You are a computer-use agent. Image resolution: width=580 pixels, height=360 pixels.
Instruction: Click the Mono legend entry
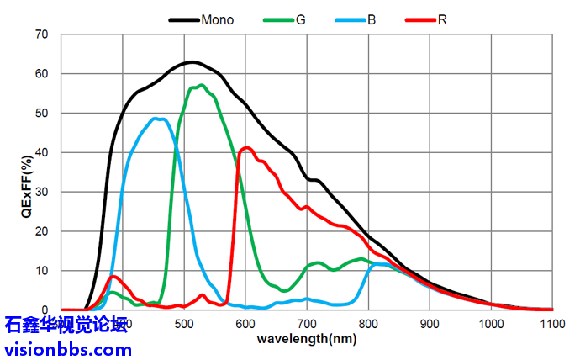click(217, 19)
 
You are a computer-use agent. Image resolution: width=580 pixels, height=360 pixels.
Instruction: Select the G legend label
click(300, 19)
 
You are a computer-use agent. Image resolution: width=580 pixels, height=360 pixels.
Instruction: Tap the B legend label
click(372, 19)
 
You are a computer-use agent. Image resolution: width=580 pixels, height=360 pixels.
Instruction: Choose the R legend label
click(442, 19)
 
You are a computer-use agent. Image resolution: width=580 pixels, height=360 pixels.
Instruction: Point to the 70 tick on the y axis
click(41, 34)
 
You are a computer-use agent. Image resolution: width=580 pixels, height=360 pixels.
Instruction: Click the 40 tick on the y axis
click(41, 152)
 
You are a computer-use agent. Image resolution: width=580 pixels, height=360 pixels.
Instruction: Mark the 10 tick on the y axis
click(41, 270)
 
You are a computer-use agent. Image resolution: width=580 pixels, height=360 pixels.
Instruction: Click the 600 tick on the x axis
click(245, 324)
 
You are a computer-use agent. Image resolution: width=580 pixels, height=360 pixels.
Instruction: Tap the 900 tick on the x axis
click(430, 324)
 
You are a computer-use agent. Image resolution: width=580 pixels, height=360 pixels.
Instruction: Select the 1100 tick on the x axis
click(552, 324)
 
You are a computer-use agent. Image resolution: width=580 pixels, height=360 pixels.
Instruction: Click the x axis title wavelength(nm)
click(307, 339)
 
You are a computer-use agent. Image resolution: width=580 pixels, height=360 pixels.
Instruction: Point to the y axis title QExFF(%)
click(27, 172)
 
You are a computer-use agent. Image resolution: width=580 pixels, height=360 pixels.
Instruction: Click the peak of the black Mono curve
click(192, 62)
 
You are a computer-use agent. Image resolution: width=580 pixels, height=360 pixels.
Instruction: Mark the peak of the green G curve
click(201, 85)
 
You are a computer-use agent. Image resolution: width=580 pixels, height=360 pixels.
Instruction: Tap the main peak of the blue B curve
click(156, 119)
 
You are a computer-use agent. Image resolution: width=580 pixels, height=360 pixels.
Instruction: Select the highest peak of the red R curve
click(247, 148)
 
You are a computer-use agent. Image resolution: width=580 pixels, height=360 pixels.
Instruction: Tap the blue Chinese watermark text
click(66, 325)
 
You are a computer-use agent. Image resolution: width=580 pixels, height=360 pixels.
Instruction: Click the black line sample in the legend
click(183, 19)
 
